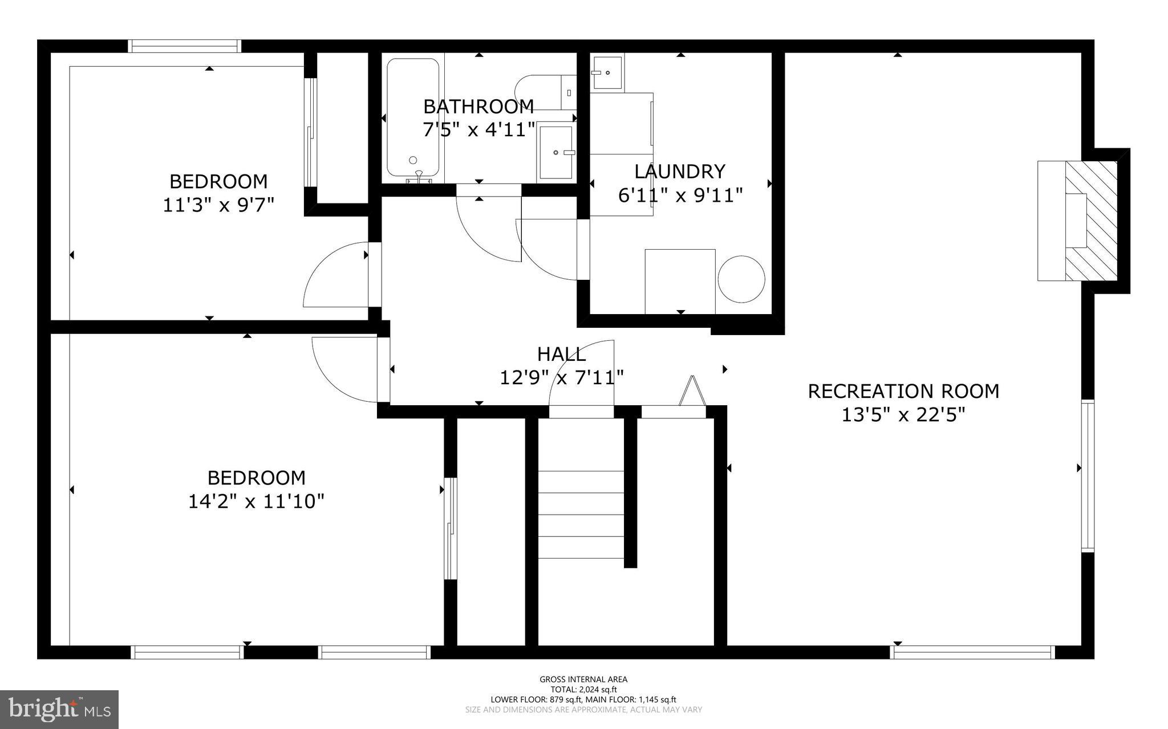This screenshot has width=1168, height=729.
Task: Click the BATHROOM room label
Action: coord(478,107)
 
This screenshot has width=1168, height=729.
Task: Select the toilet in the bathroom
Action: coord(542,92)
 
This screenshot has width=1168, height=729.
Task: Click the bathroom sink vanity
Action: coord(555,152)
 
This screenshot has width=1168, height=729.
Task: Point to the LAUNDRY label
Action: coord(680,172)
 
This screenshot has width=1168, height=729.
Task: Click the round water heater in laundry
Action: coord(741,279)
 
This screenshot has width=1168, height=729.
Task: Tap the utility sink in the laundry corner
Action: coord(607,72)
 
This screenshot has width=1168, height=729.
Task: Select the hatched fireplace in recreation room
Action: coord(1091,221)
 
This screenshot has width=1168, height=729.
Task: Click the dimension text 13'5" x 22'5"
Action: coord(903,415)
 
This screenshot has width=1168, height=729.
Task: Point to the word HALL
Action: coord(561,355)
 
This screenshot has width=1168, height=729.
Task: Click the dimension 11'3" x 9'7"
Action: coord(219,205)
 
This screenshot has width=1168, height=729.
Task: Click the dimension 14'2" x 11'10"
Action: coord(256,502)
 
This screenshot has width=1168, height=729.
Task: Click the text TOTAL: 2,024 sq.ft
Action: coord(583,689)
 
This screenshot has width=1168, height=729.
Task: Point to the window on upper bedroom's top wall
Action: coord(184,46)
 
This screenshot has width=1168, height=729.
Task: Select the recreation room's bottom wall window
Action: coord(972,652)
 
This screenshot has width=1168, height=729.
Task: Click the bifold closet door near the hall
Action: coord(691,392)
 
